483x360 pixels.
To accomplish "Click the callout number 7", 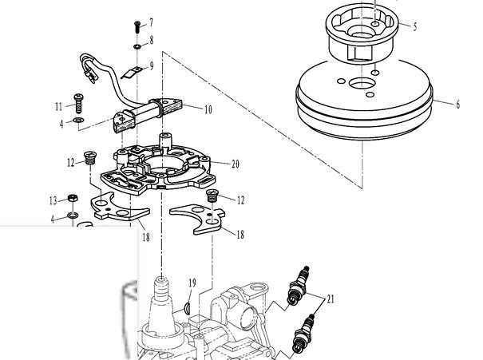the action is pos(151,22).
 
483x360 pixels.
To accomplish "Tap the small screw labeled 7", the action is pos(137,27).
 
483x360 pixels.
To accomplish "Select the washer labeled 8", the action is pos(137,46).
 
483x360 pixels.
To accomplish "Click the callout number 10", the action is pos(208,109).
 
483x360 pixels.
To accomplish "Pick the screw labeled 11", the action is pos(79,103).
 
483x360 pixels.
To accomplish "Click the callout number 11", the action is pos(58,106).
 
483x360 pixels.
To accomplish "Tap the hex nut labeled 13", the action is pos(73,198).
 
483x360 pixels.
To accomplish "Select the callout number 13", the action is pos(53,201).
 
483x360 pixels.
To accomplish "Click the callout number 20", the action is pos(235,164).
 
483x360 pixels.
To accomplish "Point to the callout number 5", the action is pos(415,26).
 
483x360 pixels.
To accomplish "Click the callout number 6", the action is pos(457,105).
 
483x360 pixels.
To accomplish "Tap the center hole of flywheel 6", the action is pos(362,83).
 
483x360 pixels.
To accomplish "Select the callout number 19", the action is pos(192,283).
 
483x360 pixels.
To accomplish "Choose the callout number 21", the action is pos(331,299).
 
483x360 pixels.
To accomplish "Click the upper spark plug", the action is pos(298,286).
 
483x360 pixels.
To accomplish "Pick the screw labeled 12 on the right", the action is pos(212,196).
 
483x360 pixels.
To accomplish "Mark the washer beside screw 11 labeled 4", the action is pos(79,120).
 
